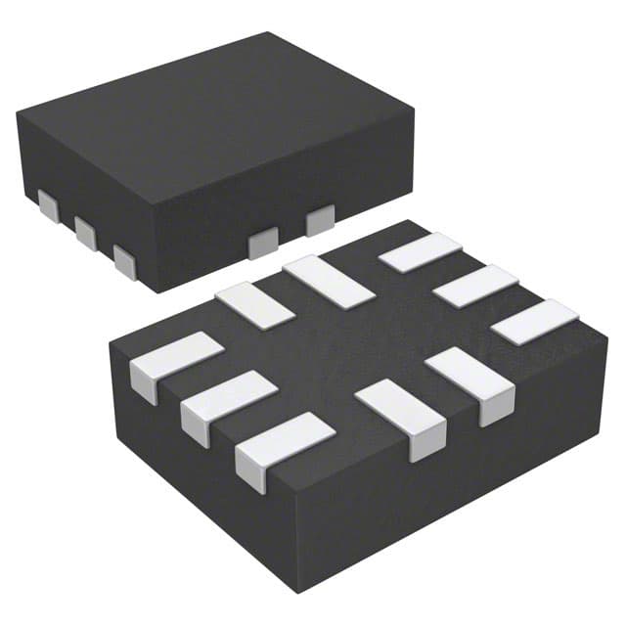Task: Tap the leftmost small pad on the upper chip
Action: click(46, 203)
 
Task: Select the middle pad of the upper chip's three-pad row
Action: click(84, 233)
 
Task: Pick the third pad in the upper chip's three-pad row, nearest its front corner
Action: click(124, 261)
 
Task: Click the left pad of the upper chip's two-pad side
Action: click(263, 243)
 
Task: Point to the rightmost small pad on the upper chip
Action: click(320, 221)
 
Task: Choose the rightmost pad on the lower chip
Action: click(534, 322)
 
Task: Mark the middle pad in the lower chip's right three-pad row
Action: click(474, 286)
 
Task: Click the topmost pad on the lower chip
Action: click(420, 252)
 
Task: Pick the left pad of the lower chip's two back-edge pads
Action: click(254, 304)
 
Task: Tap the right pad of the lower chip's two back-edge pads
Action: click(327, 281)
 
